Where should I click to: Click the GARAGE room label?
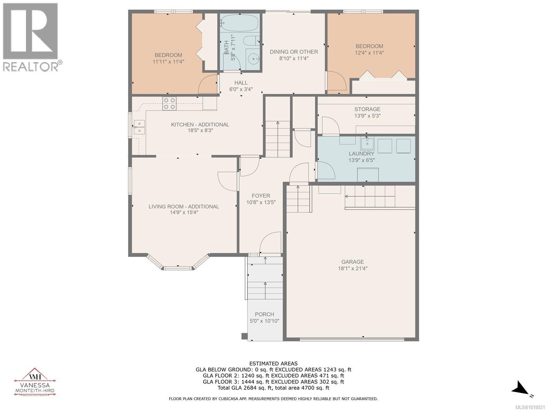tap(352, 262)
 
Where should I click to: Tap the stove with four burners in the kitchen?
tap(170, 104)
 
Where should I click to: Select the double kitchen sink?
tap(139, 127)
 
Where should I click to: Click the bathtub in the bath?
tap(239, 23)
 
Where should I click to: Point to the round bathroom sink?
tap(253, 59)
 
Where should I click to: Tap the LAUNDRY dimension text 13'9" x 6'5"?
tap(362, 160)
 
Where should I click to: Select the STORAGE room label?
tap(367, 109)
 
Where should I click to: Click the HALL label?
tap(241, 83)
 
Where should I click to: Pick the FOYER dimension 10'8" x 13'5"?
tap(261, 202)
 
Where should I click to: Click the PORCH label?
tap(264, 314)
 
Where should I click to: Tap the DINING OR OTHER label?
tap(294, 52)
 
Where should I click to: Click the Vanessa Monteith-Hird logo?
tap(34, 382)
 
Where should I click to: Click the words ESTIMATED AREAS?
tap(273, 364)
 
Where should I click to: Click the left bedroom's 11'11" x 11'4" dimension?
tap(168, 62)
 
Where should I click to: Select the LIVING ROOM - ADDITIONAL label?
tap(184, 206)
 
